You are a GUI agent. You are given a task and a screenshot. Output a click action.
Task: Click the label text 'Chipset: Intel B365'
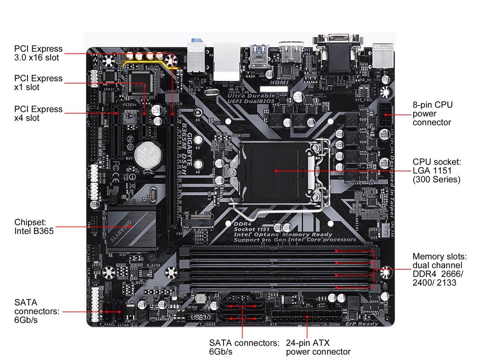(x=34, y=226)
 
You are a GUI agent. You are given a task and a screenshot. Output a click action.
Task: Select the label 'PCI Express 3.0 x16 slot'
(x=38, y=53)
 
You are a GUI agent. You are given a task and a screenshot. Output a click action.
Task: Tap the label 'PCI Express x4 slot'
(x=38, y=114)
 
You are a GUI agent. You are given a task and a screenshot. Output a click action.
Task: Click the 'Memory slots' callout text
(x=439, y=270)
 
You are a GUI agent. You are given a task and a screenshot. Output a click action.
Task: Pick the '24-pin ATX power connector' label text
(x=318, y=347)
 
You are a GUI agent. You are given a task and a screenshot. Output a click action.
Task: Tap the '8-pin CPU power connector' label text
(x=432, y=114)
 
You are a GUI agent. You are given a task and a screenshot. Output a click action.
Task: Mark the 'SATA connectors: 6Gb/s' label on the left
(x=37, y=311)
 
